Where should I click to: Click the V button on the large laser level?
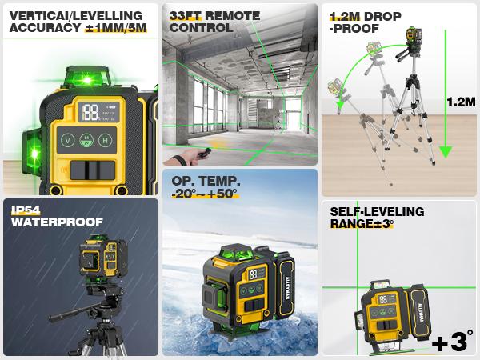[x=67, y=139]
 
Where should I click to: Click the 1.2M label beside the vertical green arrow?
[x=460, y=102]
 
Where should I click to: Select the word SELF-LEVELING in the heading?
[x=377, y=212]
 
